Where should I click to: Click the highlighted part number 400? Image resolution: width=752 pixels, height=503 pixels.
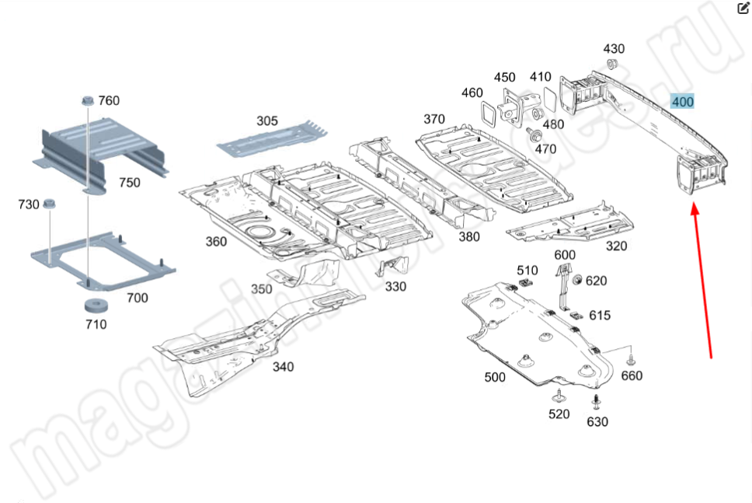pos(683,102)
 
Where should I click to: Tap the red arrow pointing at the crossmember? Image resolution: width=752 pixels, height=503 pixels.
pos(702,280)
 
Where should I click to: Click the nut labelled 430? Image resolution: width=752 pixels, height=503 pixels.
pos(611,65)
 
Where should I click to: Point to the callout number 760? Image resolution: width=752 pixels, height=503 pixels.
pos(109,100)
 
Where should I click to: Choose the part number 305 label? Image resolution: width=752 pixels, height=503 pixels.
pos(266,121)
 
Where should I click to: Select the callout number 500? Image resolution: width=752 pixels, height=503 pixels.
pos(494,377)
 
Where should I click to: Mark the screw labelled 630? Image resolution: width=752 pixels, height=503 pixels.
pos(596,403)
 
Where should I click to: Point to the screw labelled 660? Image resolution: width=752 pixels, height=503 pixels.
pos(631,360)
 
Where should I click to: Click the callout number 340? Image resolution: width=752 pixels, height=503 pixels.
pos(283,366)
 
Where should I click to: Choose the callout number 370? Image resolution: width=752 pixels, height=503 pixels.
pos(434,119)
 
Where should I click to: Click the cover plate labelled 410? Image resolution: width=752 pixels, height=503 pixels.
pos(549,99)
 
